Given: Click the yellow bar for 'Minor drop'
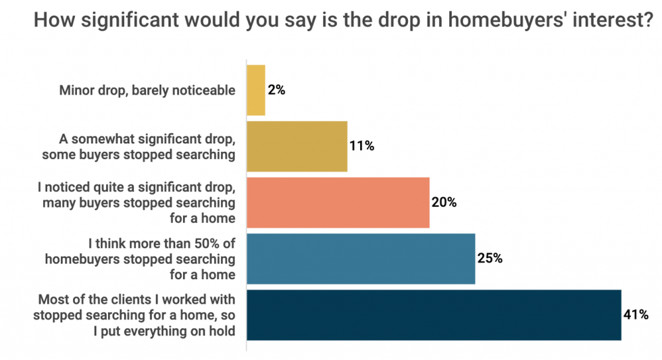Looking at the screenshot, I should pyautogui.click(x=256, y=90).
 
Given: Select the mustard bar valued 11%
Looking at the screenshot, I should pyautogui.click(x=297, y=146).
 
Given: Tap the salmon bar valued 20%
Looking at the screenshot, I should pyautogui.click(x=338, y=202).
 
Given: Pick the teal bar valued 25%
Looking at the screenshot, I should pyautogui.click(x=361, y=259).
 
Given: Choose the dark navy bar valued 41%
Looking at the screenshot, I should pyautogui.click(x=434, y=315).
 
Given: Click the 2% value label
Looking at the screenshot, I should pyautogui.click(x=276, y=90).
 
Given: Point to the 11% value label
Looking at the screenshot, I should pyautogui.click(x=361, y=146).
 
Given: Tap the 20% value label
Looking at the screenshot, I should pyautogui.click(x=444, y=202).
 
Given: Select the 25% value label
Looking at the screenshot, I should pyautogui.click(x=489, y=259).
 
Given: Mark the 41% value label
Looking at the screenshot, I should pyautogui.click(x=636, y=315).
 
